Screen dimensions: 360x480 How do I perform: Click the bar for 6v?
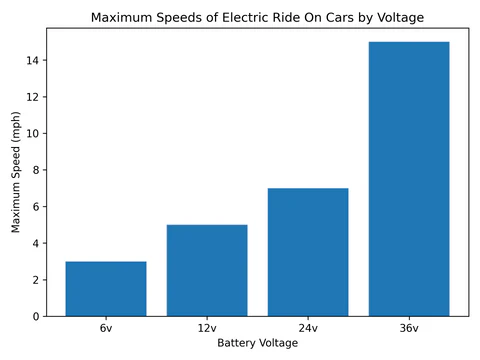coord(106,289)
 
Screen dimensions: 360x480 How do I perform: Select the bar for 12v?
coord(207,270)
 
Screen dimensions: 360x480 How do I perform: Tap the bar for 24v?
coord(308,252)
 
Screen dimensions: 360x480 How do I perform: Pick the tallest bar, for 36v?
coord(409,179)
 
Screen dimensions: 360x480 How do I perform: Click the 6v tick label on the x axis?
coord(106,328)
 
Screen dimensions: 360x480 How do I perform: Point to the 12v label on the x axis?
coord(207,328)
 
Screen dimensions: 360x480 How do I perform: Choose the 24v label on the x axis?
coord(308,328)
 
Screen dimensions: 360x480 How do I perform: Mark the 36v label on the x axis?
coord(409,328)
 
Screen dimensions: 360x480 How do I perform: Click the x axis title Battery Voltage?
coord(257,343)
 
